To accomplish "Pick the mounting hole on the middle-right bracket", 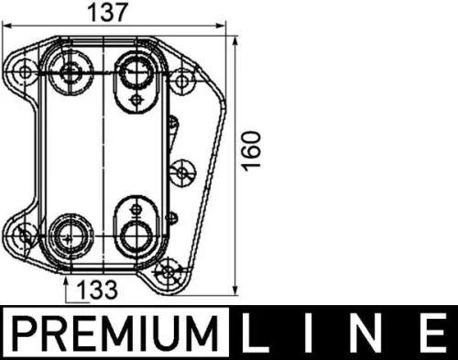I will point(183,171).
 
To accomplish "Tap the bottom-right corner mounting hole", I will point(168,272).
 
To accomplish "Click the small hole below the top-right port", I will point(135,97).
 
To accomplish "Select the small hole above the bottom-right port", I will point(136,202).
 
